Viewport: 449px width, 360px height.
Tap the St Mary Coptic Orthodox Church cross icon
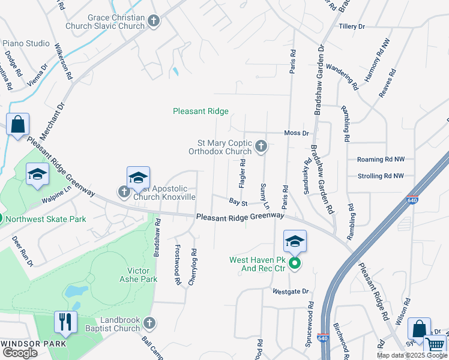coord(261,146)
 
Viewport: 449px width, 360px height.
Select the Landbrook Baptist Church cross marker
coord(149,323)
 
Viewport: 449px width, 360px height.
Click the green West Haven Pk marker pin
coord(294,263)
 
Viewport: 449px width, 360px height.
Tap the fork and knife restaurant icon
coord(65,322)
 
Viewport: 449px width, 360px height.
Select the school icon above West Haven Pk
coord(295,241)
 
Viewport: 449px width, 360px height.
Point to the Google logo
coord(20,353)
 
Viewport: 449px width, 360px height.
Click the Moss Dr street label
coord(296,133)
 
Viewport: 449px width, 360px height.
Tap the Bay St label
coord(238,202)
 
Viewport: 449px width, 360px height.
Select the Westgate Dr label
coord(290,292)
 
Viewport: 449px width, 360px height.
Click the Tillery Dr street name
coord(352,27)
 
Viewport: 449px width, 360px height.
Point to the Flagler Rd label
coord(243,173)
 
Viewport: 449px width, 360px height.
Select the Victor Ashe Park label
coord(138,275)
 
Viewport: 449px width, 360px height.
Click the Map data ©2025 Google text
coord(412,355)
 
